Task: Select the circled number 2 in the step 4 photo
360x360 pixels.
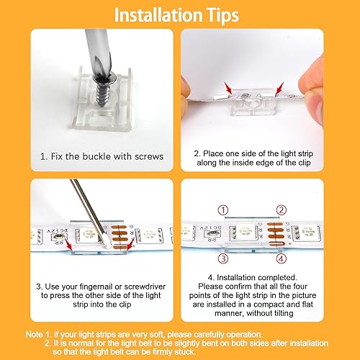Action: (281, 210)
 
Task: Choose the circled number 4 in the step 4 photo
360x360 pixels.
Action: (282, 258)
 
